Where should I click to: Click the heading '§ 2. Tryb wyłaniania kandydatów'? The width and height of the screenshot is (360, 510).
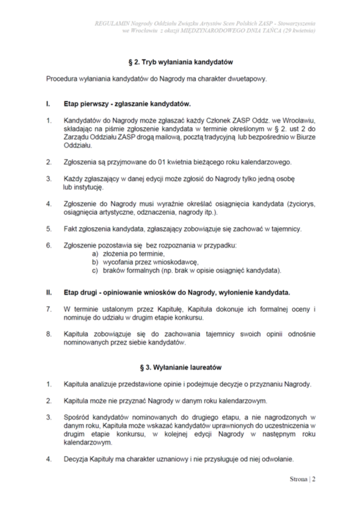(x=180, y=62)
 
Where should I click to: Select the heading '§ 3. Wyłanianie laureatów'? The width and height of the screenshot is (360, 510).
(x=180, y=367)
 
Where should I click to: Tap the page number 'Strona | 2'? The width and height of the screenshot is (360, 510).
(x=302, y=479)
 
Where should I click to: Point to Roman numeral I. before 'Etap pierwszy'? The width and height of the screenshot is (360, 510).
(x=48, y=104)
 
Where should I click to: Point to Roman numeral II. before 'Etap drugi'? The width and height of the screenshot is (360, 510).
(x=49, y=293)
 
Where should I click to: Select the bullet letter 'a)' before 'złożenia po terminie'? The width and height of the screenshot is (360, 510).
(x=95, y=254)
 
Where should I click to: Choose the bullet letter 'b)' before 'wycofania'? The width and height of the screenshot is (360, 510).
(x=95, y=262)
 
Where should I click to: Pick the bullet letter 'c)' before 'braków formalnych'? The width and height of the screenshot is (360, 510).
(x=95, y=271)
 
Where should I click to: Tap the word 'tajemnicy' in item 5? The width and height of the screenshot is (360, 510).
(x=287, y=229)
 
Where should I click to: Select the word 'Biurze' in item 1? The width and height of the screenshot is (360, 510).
(x=306, y=137)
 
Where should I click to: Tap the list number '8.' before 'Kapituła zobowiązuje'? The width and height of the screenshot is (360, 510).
(x=49, y=334)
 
